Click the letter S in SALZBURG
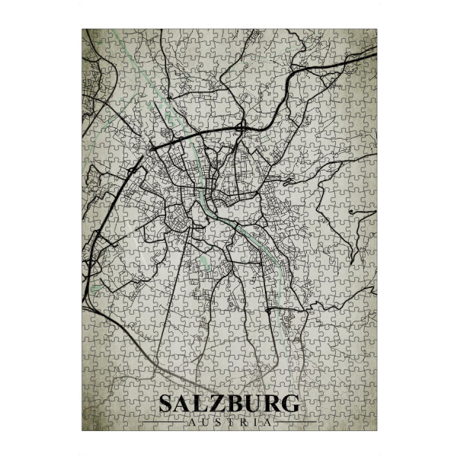(167, 404)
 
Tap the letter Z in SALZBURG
(215, 404)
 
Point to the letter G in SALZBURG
(288, 404)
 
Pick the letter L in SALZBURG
(200, 404)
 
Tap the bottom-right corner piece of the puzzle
(369, 424)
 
